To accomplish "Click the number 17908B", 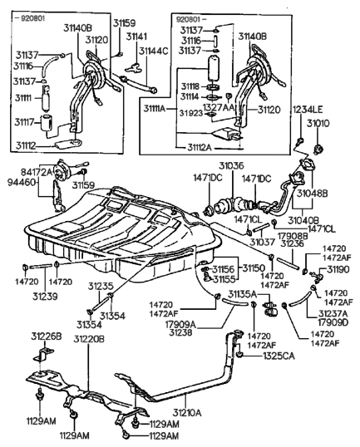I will [x=292, y=236].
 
